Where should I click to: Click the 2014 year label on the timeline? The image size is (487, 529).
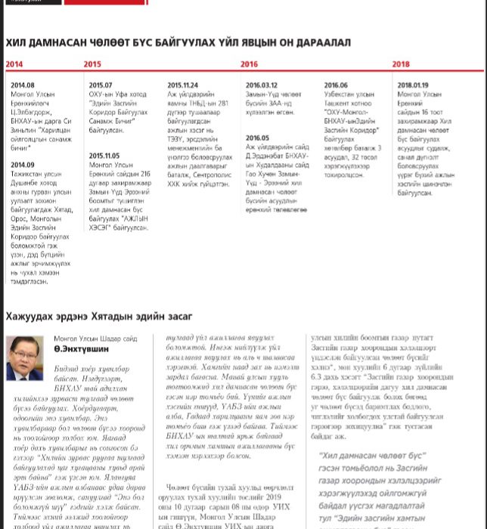14,65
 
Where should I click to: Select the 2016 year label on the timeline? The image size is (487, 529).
249,65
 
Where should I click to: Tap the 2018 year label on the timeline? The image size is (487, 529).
401,65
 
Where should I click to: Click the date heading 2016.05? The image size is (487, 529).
257,138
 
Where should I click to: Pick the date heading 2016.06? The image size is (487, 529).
336,85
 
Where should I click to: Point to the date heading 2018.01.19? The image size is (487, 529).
413,85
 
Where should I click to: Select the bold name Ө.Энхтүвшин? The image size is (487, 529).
79,351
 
